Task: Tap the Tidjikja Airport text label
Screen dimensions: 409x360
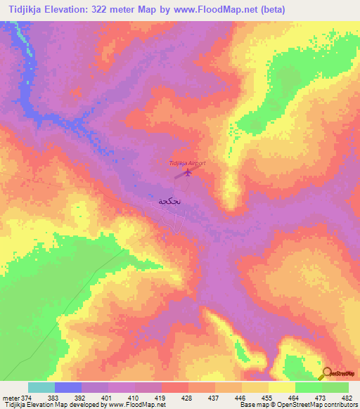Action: coord(187,163)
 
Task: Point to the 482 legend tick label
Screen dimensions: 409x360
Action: coord(347,397)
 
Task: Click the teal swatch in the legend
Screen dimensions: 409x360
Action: coord(41,387)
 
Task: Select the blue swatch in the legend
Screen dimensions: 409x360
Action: coord(68,387)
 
